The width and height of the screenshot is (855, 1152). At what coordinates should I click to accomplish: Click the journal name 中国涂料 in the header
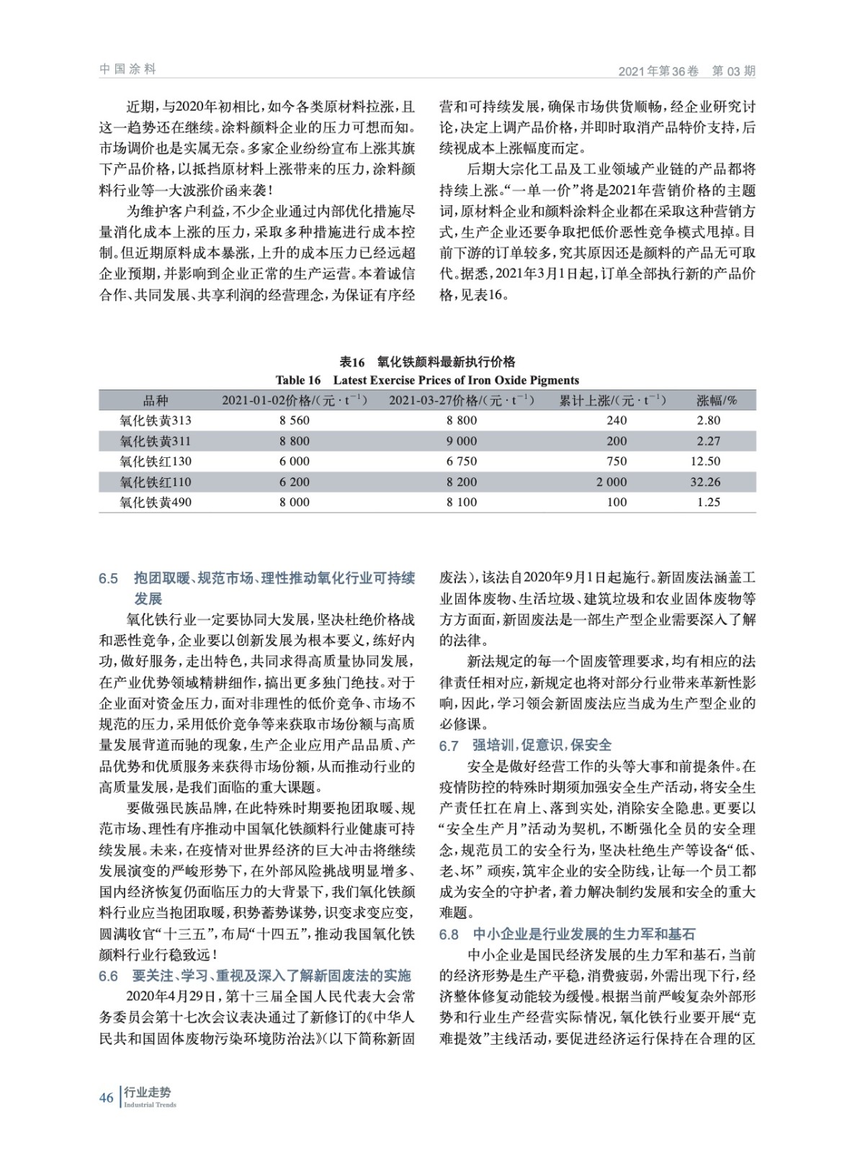coord(127,69)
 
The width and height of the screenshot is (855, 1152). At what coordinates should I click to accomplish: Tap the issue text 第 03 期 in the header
coord(733,71)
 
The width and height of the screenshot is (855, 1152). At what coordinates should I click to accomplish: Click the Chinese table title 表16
coord(353,361)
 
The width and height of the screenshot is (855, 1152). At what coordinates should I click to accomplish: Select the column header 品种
coord(156,400)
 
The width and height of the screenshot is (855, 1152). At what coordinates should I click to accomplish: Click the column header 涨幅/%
coord(716,400)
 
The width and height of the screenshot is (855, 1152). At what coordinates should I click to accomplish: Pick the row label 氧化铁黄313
coord(156,420)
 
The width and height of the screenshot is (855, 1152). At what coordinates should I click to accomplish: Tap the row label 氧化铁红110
coord(156,482)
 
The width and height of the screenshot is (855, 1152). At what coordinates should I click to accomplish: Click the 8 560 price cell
coord(295,420)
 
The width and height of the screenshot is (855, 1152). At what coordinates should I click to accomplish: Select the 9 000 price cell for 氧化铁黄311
coord(462,441)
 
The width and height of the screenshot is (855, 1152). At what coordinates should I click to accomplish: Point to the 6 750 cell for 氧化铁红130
coord(462,462)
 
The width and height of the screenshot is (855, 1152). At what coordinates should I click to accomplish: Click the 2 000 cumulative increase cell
coord(612,482)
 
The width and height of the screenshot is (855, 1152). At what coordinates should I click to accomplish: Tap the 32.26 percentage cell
coord(709,482)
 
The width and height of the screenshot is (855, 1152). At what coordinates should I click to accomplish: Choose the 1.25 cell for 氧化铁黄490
coord(709,502)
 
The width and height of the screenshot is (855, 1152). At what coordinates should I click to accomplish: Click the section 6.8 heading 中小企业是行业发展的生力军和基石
coord(583,935)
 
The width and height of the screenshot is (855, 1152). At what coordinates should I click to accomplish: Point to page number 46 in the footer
coord(106,1097)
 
